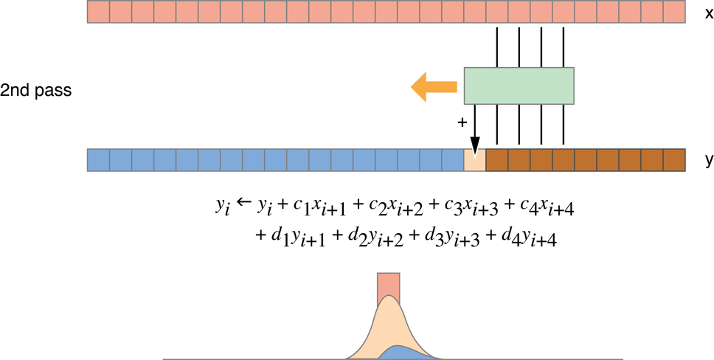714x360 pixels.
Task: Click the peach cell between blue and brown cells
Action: coord(474,160)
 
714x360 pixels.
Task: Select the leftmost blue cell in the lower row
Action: coord(98,160)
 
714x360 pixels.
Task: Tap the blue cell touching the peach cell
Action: coord(452,160)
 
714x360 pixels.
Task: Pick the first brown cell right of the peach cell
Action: coord(496,160)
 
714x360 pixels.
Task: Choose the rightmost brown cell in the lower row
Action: coord(673,160)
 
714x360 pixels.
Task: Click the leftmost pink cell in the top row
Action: coord(98,11)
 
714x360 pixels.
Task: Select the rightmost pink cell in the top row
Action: coord(673,11)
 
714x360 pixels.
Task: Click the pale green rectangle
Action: coord(519,86)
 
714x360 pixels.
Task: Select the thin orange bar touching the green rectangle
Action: coord(443,87)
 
